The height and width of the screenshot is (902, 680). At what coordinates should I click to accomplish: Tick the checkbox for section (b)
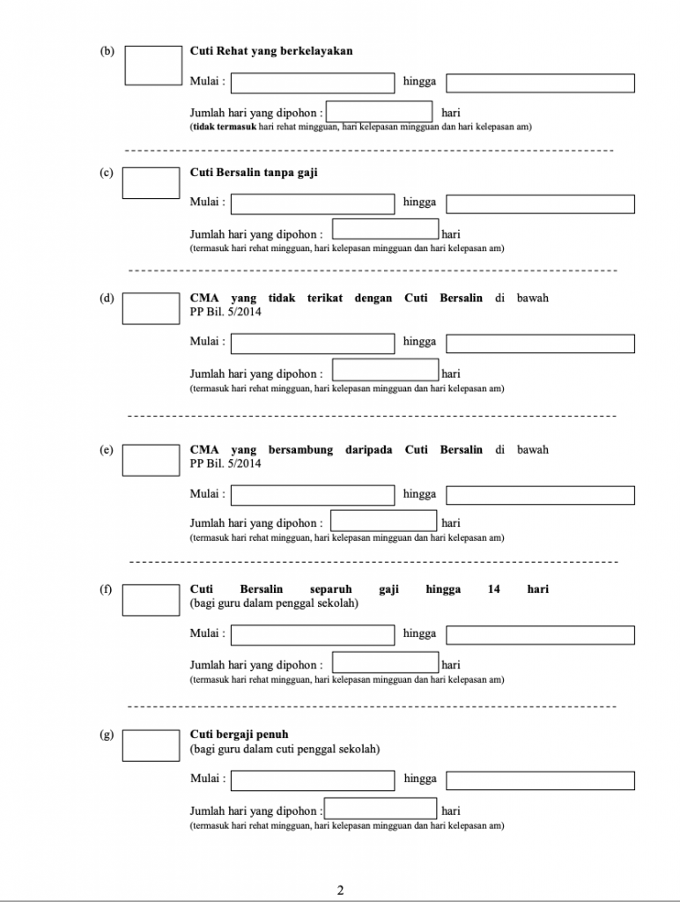153,65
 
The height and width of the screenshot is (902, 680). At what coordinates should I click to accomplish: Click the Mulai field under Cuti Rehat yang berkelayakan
313,83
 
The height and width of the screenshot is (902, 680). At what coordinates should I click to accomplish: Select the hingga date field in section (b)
540,83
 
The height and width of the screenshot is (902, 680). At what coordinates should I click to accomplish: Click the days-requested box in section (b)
379,112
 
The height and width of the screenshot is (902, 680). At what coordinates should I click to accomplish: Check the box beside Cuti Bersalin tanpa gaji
151,183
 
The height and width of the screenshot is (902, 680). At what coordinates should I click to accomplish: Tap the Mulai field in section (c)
313,204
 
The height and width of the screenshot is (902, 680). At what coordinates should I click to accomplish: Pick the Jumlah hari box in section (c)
386,229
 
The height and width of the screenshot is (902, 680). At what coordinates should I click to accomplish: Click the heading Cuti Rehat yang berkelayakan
271,50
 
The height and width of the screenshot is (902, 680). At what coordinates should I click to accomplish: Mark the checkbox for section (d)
151,309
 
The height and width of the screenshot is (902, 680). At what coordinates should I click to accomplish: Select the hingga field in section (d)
540,344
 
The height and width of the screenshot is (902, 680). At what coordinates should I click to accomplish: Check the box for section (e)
151,460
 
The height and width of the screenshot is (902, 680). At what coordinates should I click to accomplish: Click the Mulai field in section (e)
313,495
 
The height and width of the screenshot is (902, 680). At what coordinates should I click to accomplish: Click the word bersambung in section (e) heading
300,450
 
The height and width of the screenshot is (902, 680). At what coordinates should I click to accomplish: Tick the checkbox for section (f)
151,600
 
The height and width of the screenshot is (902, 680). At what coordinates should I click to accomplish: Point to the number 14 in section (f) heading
493,589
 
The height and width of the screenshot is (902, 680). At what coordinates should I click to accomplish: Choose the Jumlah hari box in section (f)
386,662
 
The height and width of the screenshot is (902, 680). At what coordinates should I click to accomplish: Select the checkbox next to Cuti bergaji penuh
151,745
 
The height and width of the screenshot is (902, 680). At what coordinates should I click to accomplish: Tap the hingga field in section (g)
540,780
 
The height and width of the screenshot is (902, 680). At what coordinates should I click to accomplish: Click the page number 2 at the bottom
341,891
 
